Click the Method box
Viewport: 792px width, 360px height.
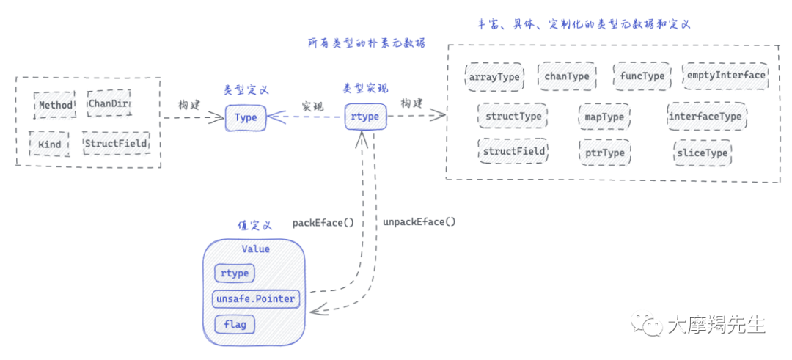click(x=55, y=105)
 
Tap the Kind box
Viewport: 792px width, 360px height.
click(x=49, y=143)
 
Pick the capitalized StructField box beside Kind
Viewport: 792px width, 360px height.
click(x=115, y=142)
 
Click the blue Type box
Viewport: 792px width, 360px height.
click(x=245, y=117)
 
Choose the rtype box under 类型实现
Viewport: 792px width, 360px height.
click(x=365, y=117)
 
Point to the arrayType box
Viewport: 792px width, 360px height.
click(x=494, y=76)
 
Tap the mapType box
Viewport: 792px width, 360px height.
click(x=604, y=116)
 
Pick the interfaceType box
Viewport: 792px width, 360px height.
click(x=705, y=116)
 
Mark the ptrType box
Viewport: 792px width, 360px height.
click(x=604, y=153)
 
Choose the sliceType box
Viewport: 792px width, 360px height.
click(x=702, y=153)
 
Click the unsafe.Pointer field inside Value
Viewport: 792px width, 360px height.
click(x=255, y=298)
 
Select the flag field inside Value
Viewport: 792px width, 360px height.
click(x=235, y=323)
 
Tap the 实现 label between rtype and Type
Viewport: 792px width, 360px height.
click(x=312, y=106)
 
